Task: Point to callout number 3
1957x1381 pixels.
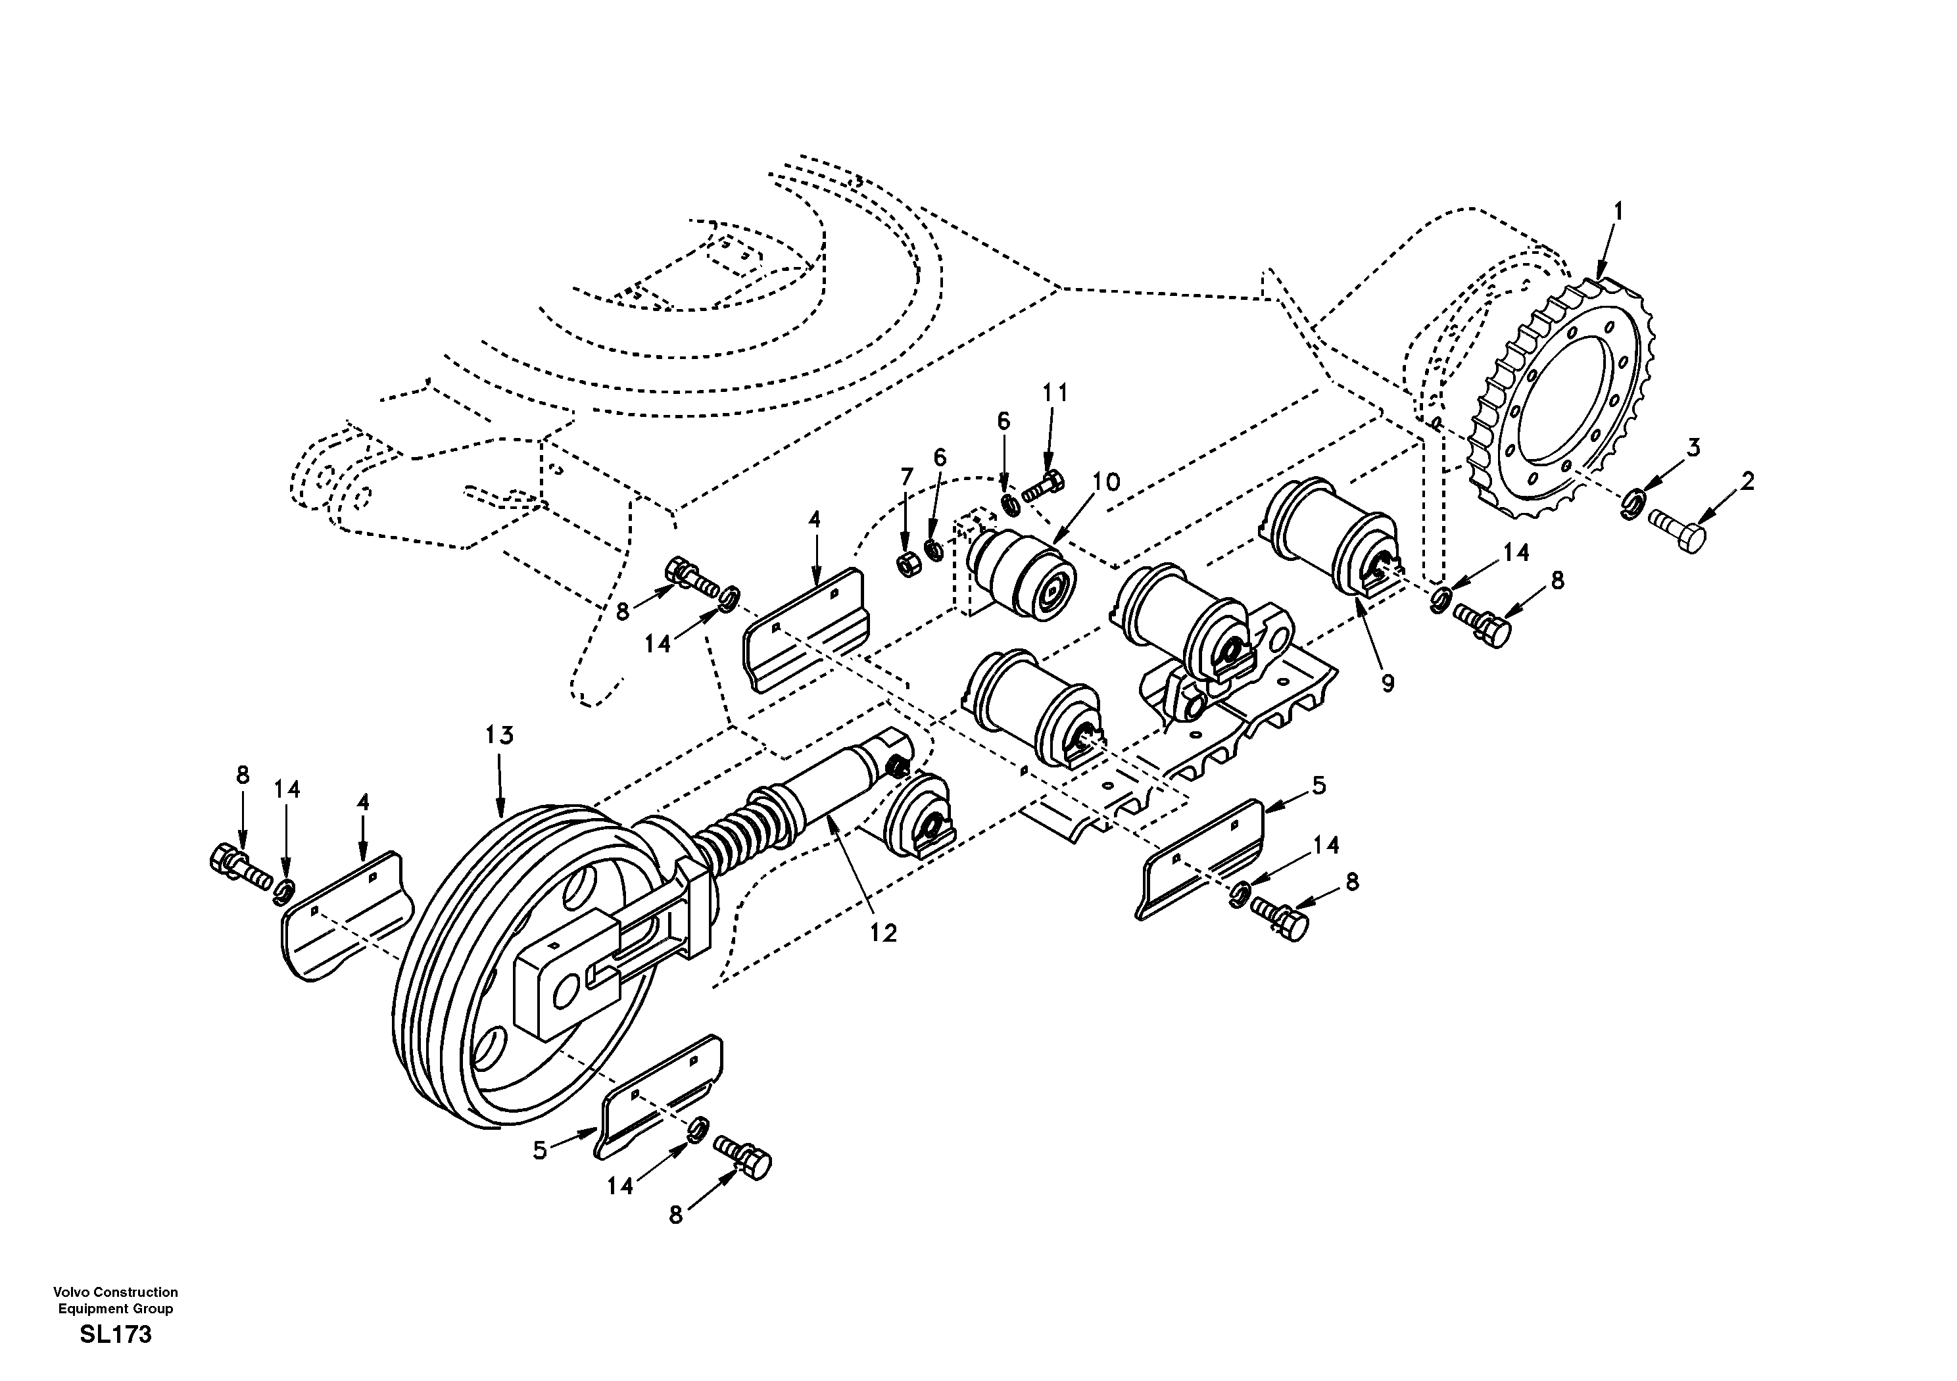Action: tap(1693, 448)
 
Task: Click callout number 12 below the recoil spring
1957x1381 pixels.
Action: tap(884, 933)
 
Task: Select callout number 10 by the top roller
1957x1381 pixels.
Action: tap(1105, 483)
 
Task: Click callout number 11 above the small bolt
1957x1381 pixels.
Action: tap(1054, 393)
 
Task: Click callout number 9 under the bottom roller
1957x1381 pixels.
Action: tap(1388, 683)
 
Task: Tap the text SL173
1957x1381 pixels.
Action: tap(116, 1335)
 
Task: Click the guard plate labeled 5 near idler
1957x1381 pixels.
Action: tap(662, 1100)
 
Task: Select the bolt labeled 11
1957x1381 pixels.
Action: tap(1044, 486)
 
